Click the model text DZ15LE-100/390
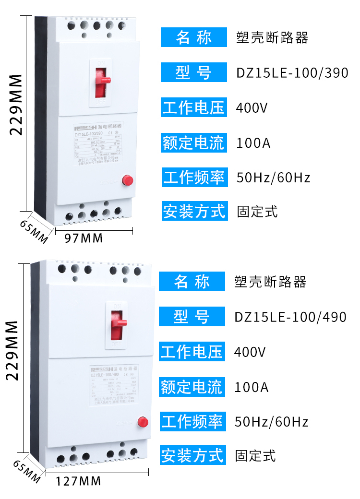[x=292, y=73]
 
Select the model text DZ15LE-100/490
[x=290, y=317]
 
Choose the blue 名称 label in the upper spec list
[x=193, y=37]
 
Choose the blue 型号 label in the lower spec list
[x=192, y=317]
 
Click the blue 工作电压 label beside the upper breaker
[x=193, y=107]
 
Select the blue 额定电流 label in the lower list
[x=192, y=387]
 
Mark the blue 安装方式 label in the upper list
[x=193, y=211]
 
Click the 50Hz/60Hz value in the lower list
[x=271, y=422]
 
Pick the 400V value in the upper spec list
[x=251, y=108]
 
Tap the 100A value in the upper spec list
[x=253, y=143]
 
